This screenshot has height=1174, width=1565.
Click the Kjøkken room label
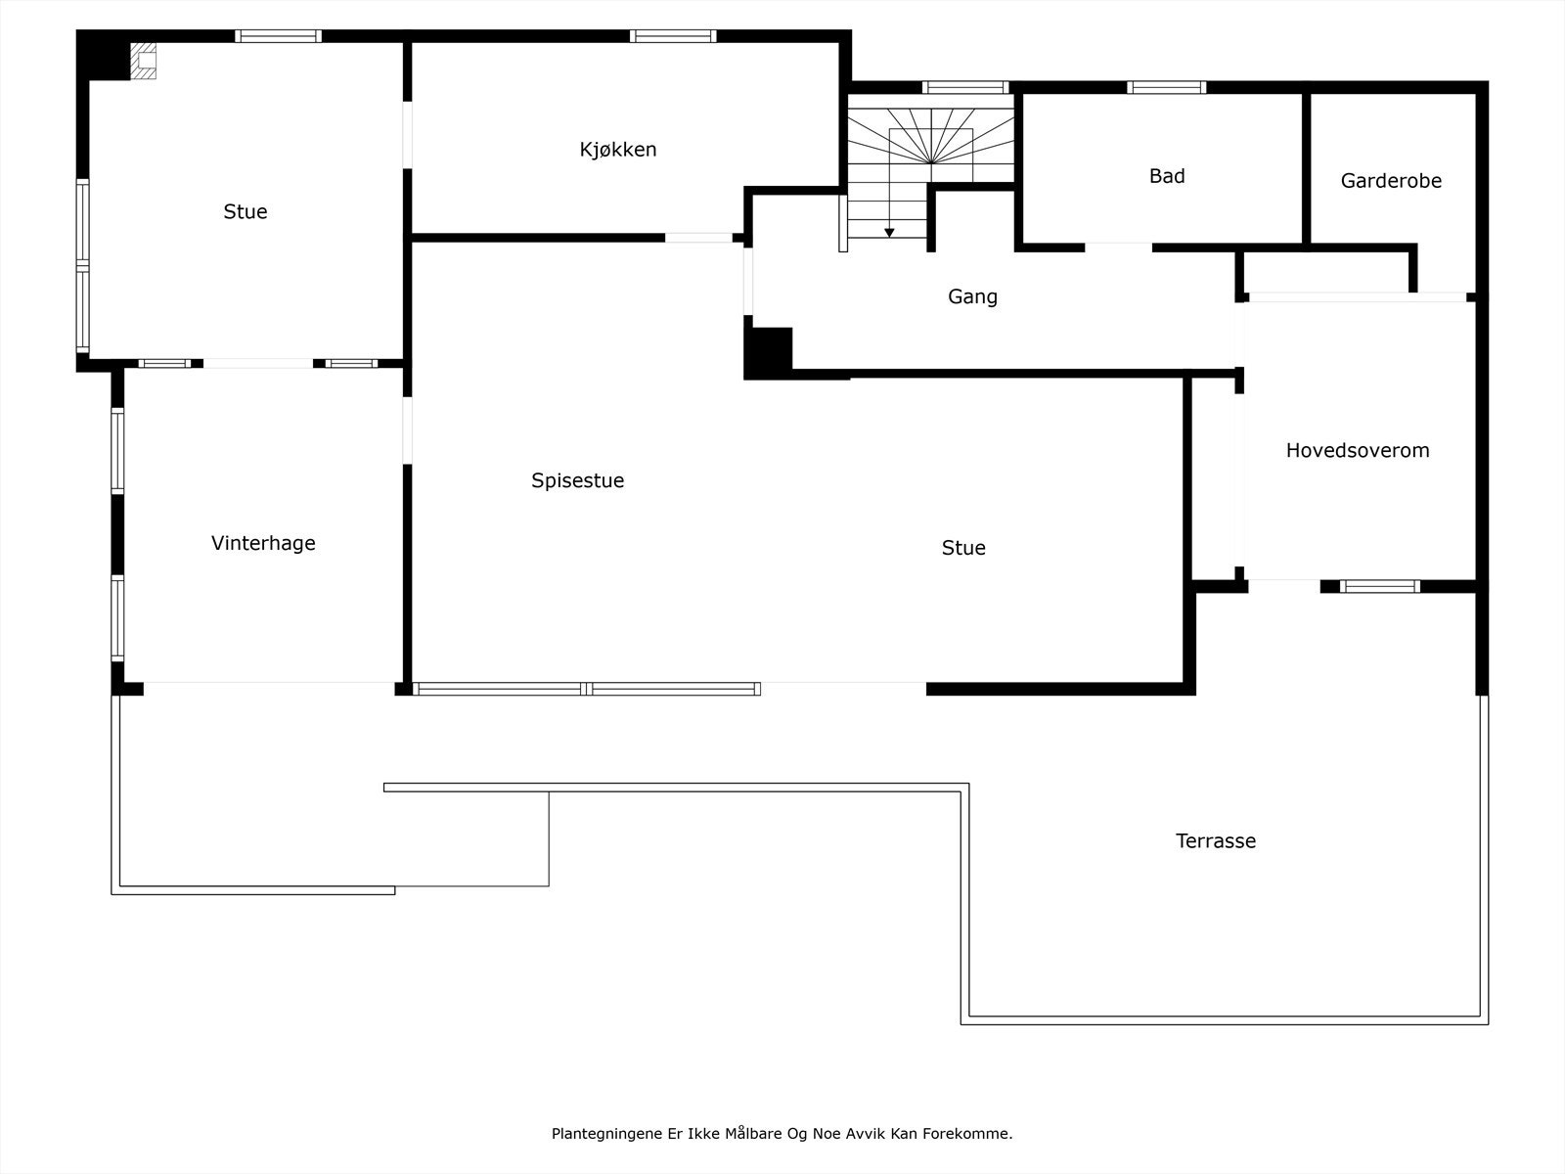click(617, 150)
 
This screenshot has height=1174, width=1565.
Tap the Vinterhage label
click(263, 543)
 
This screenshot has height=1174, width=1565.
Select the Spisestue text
click(577, 480)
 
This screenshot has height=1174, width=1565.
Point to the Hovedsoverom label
click(1357, 450)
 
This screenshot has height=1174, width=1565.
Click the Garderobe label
click(1391, 181)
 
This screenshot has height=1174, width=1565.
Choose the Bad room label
click(1167, 176)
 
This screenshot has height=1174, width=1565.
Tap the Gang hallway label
click(972, 296)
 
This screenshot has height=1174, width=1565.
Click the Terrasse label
click(1215, 840)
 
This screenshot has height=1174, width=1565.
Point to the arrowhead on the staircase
click(889, 233)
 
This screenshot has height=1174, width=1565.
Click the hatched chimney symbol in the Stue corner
click(145, 60)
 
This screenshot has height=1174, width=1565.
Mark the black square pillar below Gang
click(769, 352)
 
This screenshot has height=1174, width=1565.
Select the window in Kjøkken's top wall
click(673, 36)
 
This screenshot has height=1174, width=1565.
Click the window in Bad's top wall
click(1166, 87)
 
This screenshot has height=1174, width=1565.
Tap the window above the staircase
click(965, 87)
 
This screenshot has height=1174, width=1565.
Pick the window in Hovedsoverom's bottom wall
click(1379, 586)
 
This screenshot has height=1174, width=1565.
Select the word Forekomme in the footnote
click(972, 1134)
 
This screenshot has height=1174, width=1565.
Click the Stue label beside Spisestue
click(963, 548)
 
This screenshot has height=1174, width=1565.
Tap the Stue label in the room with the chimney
click(245, 211)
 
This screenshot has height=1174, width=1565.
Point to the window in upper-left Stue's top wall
click(278, 36)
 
